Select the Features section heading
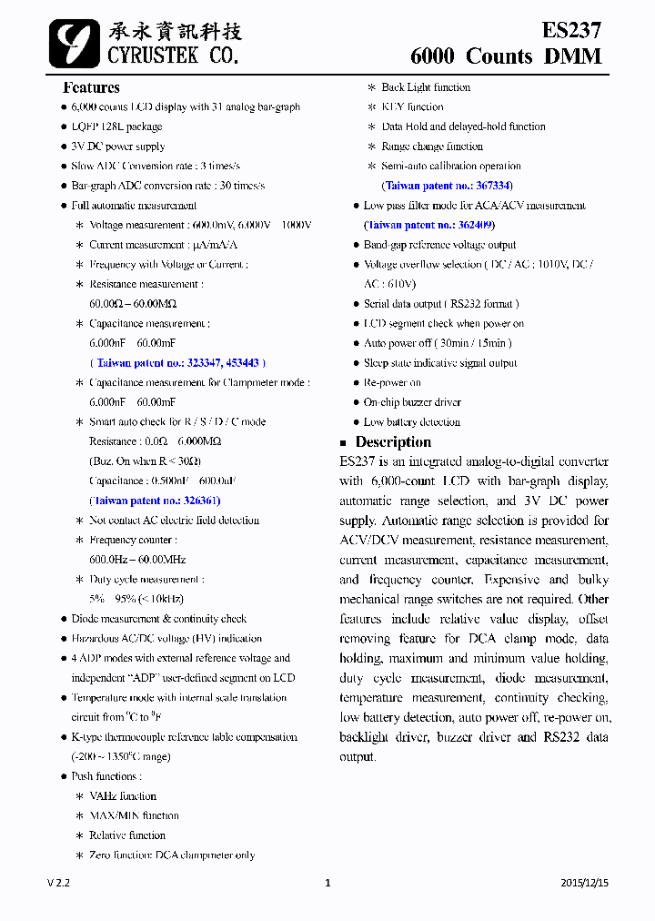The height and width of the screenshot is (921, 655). tap(91, 87)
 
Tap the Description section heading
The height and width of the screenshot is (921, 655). tap(393, 442)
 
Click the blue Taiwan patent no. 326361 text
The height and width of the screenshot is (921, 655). tap(155, 501)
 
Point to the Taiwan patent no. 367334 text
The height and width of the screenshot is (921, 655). tap(441, 186)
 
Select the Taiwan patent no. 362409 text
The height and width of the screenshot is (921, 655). tap(428, 225)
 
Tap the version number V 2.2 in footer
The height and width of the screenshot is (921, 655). tap(59, 883)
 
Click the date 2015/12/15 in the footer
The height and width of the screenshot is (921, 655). tap(585, 883)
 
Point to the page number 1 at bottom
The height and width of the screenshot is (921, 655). tap(327, 883)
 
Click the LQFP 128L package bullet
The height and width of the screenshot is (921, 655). tap(116, 127)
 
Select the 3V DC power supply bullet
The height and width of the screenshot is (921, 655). tap(118, 147)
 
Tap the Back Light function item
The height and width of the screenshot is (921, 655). tap(426, 87)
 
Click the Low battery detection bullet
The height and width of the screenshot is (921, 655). tap(411, 422)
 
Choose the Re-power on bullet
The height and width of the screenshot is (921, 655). tap(392, 383)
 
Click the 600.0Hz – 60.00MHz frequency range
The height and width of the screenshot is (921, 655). tap(137, 560)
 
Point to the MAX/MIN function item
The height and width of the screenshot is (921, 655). tap(134, 816)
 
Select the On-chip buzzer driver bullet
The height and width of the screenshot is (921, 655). tap(412, 402)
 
